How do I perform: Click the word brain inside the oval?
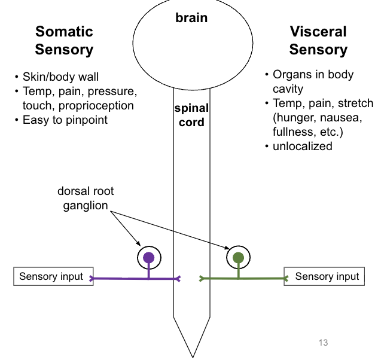click(x=191, y=18)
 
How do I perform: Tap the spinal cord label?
click(x=191, y=115)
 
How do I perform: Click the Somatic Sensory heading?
click(x=64, y=41)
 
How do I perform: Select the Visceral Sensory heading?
click(x=318, y=41)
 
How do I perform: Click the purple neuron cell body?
click(x=149, y=258)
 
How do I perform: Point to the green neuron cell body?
click(x=238, y=258)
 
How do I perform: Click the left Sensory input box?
click(x=53, y=276)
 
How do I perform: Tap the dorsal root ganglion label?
click(x=86, y=199)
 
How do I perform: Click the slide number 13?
click(x=323, y=343)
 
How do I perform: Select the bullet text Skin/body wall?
click(x=60, y=77)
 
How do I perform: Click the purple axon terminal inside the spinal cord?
click(x=178, y=278)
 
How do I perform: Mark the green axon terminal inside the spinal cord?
click(x=203, y=278)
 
